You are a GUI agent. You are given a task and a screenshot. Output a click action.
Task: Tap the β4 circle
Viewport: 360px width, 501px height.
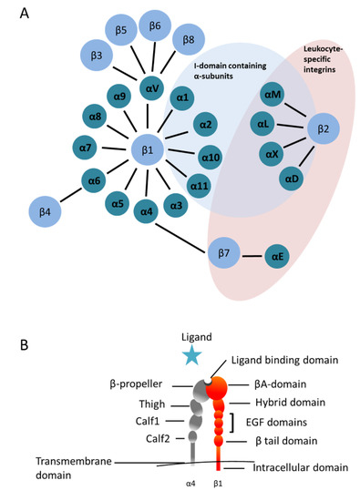pos(46,212)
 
